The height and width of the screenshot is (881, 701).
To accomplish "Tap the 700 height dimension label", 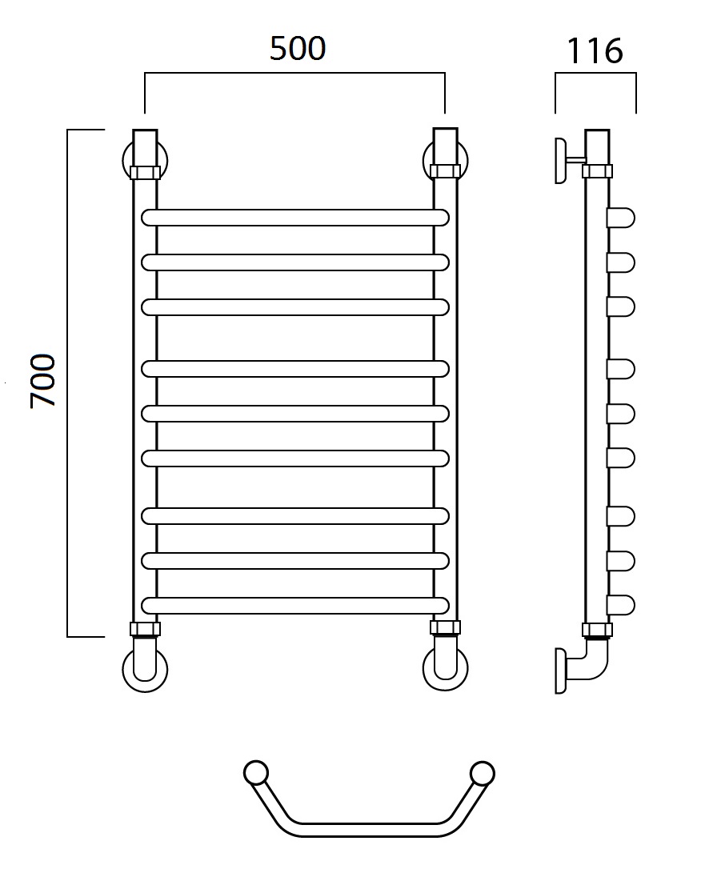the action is point(43,380).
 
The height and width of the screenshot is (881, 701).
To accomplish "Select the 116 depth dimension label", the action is point(595,51).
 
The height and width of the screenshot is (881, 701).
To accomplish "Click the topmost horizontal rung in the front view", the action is point(295,218).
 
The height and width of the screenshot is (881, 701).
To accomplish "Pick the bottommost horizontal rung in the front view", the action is point(295,605).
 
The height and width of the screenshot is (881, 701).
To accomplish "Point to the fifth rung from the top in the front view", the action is point(295,414).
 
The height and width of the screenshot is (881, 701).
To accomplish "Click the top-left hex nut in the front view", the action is point(145,172).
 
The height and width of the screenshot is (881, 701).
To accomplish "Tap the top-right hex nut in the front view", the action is point(446,171).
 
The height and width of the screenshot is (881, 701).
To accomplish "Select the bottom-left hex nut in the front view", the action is point(145,629).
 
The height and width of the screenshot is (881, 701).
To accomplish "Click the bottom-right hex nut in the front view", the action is point(446,628).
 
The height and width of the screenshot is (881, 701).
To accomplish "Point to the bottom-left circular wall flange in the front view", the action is point(145,669).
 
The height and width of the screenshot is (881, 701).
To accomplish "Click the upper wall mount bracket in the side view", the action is point(569,160).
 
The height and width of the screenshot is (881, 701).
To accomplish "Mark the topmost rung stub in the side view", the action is point(621,218).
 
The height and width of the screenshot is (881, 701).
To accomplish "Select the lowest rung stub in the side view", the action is point(621,605).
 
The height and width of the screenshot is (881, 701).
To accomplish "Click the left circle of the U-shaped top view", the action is point(256,774).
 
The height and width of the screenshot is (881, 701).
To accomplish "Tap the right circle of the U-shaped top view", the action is point(482,774).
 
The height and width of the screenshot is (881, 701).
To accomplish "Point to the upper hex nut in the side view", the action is point(597,171).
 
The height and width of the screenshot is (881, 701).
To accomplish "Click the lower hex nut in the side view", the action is point(597,630).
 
